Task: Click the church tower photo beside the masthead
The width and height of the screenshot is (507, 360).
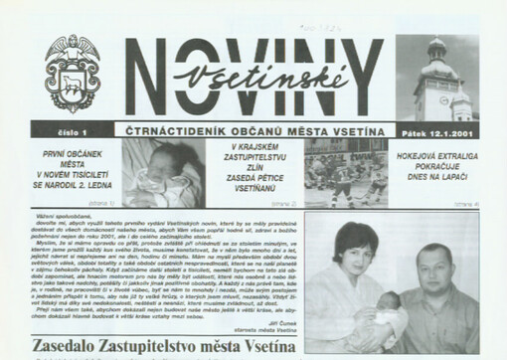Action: pos(436,79)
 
